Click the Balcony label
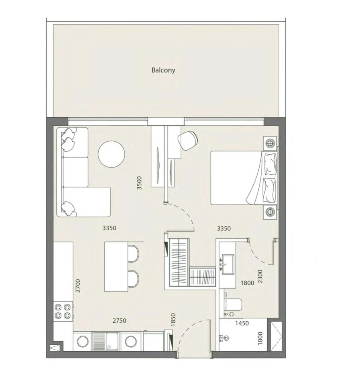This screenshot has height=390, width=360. (163, 70)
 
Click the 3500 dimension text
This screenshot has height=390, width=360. (139, 183)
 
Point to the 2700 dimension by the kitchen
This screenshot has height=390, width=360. (78, 286)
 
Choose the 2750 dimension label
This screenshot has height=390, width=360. (119, 320)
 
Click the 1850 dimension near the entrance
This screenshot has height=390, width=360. (173, 320)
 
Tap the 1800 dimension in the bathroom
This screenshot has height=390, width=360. (247, 283)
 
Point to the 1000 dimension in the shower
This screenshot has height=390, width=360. (260, 338)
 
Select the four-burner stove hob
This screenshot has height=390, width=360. (64, 311)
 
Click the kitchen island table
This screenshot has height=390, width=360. (116, 266)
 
